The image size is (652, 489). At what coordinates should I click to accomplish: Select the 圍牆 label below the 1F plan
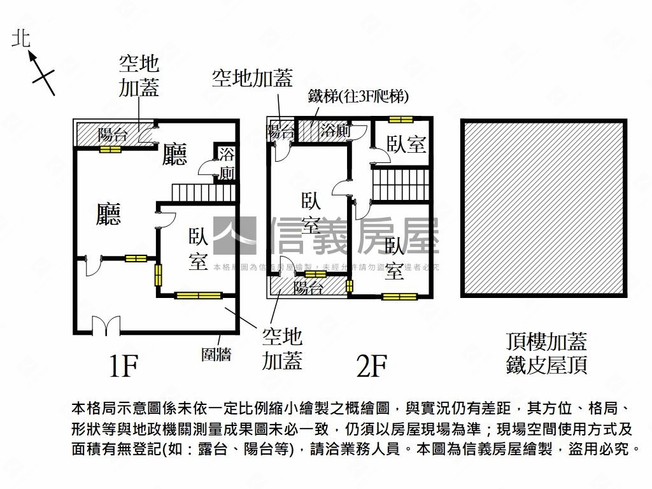(216, 355)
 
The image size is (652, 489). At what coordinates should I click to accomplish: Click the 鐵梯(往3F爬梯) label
(358, 96)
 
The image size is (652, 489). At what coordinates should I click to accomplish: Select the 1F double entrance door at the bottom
(106, 326)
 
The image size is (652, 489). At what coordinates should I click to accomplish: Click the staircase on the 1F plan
(204, 192)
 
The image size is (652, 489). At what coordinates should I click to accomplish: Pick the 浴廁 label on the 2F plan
(335, 131)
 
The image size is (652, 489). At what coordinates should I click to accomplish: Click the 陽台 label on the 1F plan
(113, 135)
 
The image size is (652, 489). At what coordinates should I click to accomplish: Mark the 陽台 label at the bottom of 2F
(308, 288)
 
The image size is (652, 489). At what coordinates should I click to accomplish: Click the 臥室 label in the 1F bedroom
(198, 249)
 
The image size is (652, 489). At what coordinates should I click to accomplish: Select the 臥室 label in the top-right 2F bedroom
(407, 145)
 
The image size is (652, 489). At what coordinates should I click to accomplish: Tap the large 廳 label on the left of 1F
(108, 215)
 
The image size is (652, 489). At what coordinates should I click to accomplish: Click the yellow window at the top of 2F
(401, 118)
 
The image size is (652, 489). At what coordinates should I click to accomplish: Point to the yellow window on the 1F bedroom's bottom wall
(198, 295)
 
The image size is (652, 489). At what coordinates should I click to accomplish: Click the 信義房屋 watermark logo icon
(234, 236)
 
